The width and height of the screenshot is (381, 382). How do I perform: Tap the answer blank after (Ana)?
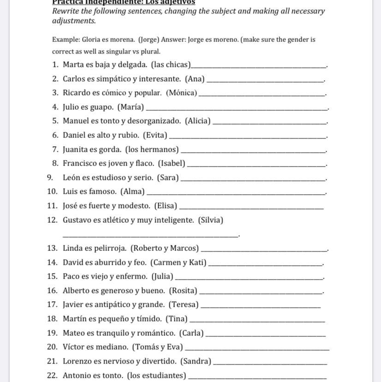(265, 80)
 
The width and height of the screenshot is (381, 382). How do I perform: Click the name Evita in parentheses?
(155, 135)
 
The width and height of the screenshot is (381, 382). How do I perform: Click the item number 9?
(50, 178)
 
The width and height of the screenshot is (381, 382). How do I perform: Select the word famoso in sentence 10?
(103, 191)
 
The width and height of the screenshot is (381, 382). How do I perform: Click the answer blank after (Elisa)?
(253, 207)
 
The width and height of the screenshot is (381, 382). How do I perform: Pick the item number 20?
(52, 347)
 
